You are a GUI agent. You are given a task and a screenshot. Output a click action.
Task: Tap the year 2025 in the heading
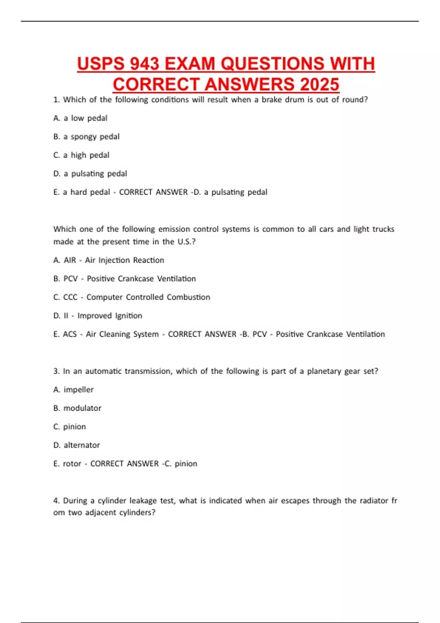pyautogui.click(x=319, y=84)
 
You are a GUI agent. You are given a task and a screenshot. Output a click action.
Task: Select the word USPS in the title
pyautogui.click(x=100, y=64)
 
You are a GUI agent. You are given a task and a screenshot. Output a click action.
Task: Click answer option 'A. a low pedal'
pyautogui.click(x=80, y=118)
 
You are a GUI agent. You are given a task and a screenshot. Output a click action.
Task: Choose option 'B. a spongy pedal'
pyautogui.click(x=86, y=137)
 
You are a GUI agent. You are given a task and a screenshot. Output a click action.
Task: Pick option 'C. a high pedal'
pyautogui.click(x=81, y=155)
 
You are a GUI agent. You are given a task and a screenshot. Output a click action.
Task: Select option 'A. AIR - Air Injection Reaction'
pyautogui.click(x=109, y=260)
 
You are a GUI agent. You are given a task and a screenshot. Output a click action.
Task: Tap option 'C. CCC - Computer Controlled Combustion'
pyautogui.click(x=132, y=297)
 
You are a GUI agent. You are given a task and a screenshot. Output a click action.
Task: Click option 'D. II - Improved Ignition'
pyautogui.click(x=98, y=316)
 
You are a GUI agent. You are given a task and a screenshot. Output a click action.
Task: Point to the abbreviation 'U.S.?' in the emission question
pyautogui.click(x=187, y=242)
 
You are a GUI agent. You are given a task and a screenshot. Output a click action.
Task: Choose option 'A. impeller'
pyautogui.click(x=73, y=390)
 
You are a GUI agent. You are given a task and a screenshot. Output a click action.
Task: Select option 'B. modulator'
pyautogui.click(x=77, y=408)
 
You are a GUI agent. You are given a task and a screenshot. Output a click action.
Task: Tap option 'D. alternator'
pyautogui.click(x=76, y=445)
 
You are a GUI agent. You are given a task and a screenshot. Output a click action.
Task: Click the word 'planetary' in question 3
pyautogui.click(x=324, y=371)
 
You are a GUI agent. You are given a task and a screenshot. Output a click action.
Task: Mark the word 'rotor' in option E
pyautogui.click(x=72, y=464)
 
